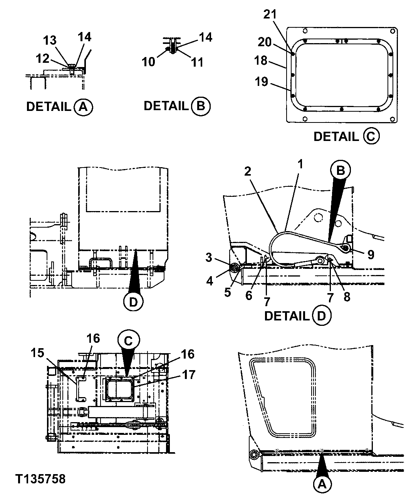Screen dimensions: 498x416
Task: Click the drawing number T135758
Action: tap(40, 479)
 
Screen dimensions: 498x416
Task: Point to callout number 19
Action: tap(261, 82)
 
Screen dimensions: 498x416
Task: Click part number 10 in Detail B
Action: tap(148, 61)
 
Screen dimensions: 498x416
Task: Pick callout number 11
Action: tap(197, 62)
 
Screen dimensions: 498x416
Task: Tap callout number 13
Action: tap(50, 40)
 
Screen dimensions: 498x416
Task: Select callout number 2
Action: tap(247, 171)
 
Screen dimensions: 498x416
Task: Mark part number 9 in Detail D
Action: tap(371, 254)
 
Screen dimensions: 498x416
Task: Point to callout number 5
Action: tap(228, 292)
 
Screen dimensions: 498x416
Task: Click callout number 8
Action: tap(347, 297)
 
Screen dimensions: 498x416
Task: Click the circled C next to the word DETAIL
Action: tap(371, 136)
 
